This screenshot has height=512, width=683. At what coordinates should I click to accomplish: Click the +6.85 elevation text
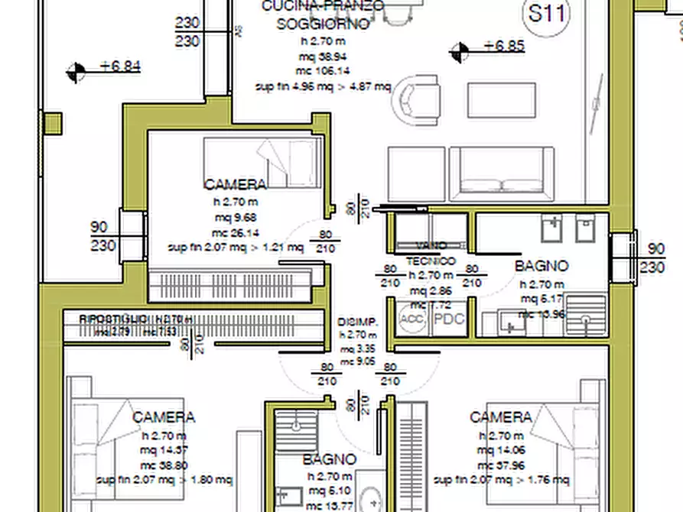[x=504, y=46]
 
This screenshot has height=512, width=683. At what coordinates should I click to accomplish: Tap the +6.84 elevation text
[x=120, y=66]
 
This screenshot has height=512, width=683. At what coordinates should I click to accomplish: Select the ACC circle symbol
[x=412, y=319]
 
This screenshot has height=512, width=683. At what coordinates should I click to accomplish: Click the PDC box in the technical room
[x=449, y=319]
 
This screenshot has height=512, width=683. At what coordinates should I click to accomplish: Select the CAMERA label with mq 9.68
[x=236, y=184]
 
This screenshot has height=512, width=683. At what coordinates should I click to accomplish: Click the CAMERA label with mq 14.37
[x=164, y=417]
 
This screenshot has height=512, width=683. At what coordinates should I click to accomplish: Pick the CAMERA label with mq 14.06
[x=500, y=417]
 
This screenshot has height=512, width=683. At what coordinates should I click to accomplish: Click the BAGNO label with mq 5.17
[x=542, y=266]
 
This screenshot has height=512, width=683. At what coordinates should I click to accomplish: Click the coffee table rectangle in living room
[x=502, y=99]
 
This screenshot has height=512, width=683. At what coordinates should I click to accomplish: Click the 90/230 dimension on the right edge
[x=655, y=258]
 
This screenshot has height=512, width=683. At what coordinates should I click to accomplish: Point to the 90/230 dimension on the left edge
[x=103, y=236]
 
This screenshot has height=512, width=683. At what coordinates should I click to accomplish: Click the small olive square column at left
[x=52, y=123]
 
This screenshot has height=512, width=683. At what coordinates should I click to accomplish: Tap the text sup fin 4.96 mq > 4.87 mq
[x=323, y=87]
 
